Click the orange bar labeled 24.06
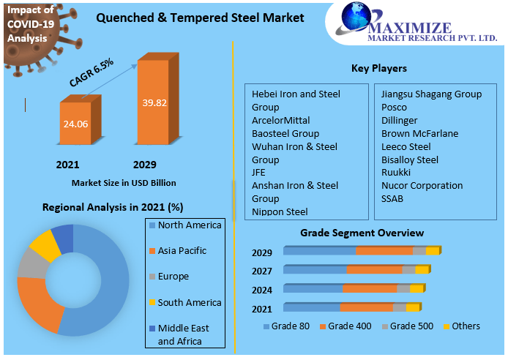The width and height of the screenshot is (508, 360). [x=75, y=124]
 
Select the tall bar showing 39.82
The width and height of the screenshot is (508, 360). [x=153, y=102]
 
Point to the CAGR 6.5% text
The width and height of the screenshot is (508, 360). [x=91, y=73]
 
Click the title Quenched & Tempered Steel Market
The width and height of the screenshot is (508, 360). [x=200, y=17]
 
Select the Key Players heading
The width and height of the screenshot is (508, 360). [x=378, y=68]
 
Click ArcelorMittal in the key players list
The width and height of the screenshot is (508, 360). [x=280, y=120]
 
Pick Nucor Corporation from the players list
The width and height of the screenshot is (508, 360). [x=422, y=185]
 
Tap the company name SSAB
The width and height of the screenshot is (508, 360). [x=392, y=198]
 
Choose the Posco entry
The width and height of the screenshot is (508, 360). [x=394, y=107]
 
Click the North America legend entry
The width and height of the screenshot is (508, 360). [x=189, y=225]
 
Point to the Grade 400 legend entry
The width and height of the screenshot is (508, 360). [x=349, y=326]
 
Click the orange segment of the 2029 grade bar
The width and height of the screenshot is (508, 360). [x=384, y=250]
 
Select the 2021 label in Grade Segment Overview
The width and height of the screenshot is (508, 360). [x=261, y=310]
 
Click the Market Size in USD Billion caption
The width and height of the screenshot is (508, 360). [x=124, y=182]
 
